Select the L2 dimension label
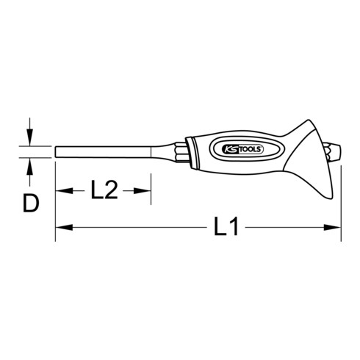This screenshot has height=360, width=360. (104, 192)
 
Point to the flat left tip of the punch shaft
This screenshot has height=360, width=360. (57, 152)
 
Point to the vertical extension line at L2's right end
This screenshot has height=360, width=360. (151, 187)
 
